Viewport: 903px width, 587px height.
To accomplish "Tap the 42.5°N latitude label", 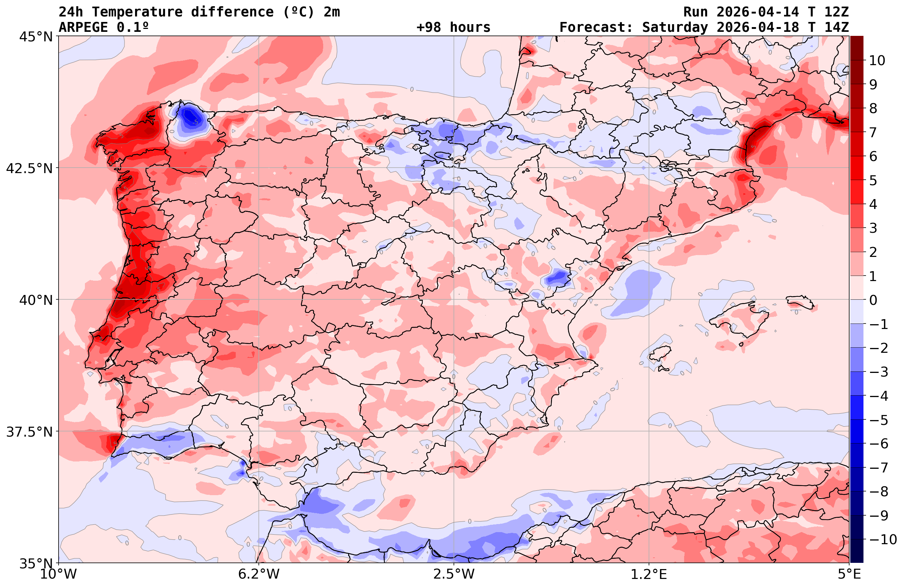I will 29,168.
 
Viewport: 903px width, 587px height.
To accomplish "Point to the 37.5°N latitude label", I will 29,432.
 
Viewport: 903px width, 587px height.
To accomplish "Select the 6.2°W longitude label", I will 258,574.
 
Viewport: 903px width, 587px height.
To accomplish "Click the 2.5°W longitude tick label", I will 454,574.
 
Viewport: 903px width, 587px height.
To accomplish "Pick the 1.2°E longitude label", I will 649,574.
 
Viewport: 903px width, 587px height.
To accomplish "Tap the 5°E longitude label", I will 849,574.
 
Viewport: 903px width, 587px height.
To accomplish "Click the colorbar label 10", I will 877,60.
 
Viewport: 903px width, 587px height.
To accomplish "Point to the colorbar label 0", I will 873,300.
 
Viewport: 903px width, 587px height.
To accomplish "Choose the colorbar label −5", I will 878,420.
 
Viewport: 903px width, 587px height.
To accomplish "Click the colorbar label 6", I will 873,156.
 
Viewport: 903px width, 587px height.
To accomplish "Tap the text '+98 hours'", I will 453,27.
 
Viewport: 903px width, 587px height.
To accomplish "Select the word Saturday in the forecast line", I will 675,27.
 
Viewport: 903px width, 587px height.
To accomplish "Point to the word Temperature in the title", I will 137,12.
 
